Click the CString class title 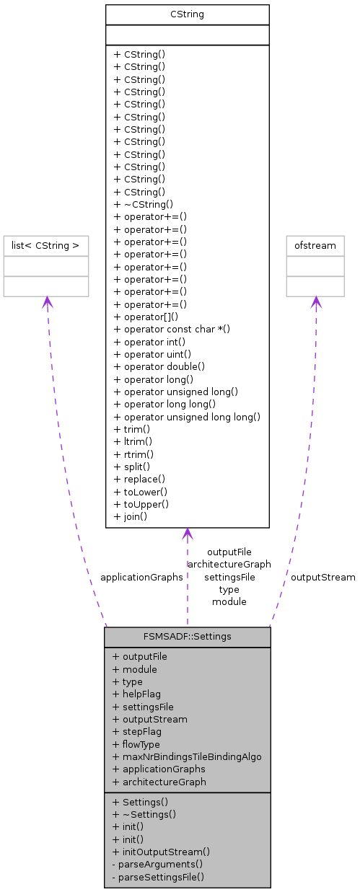click(187, 14)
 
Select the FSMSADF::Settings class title click(187, 637)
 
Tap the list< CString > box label click(46, 246)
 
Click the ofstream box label click(315, 246)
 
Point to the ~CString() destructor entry click(144, 204)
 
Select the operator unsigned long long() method click(187, 417)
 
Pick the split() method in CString click(130, 467)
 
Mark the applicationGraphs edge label click(141, 577)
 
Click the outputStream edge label click(322, 577)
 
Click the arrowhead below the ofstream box click(315, 303)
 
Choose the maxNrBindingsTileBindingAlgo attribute click(187, 756)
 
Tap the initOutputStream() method click(161, 852)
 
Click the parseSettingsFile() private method click(158, 877)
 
